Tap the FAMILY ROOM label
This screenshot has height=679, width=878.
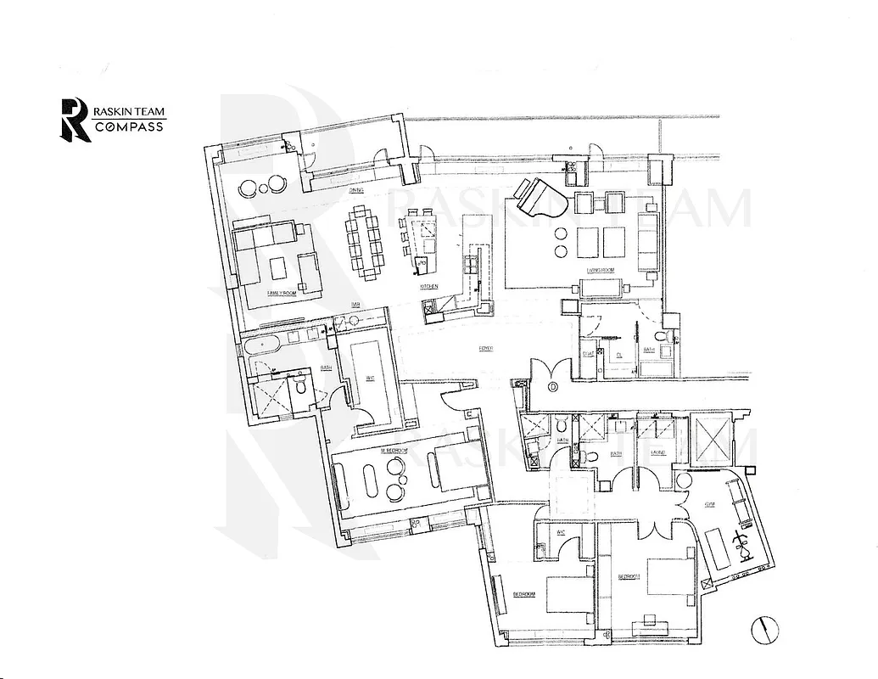click(280, 293)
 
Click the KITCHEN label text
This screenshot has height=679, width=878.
click(428, 289)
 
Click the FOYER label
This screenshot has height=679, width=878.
click(486, 349)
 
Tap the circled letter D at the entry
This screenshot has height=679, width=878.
click(553, 389)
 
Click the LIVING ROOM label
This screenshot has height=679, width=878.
click(601, 272)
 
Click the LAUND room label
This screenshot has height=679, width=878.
click(658, 454)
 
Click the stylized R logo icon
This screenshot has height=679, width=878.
click(73, 119)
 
